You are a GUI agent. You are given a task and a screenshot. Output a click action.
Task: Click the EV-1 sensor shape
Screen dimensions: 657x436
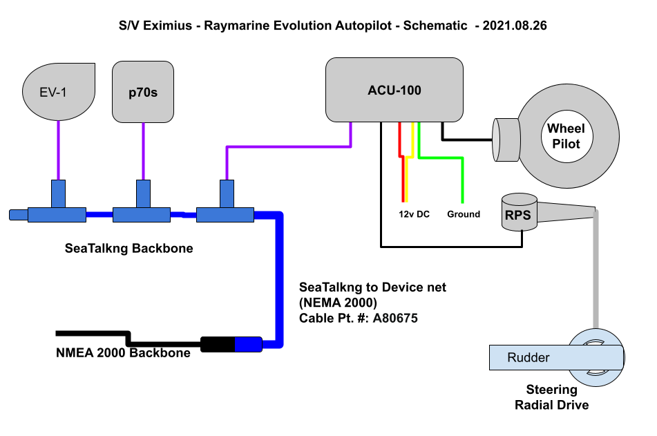[x=59, y=92]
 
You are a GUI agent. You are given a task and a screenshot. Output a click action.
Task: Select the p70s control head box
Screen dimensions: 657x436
[x=143, y=92]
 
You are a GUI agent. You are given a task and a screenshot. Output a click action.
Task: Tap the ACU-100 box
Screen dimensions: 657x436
[x=394, y=90]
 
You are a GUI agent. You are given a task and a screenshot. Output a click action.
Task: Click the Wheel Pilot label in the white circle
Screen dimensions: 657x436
[x=566, y=136]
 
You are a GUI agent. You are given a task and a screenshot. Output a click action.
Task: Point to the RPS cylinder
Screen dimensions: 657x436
[x=520, y=211]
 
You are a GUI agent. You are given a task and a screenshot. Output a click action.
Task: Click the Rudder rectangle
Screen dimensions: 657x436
[x=556, y=358]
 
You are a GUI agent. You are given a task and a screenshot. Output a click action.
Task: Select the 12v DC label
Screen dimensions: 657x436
[x=414, y=214]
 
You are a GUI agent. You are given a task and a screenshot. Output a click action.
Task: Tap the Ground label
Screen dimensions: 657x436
[x=464, y=214]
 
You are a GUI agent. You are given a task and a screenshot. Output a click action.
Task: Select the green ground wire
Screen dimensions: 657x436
[x=444, y=158]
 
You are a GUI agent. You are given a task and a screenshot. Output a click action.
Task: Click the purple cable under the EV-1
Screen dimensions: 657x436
[x=58, y=151]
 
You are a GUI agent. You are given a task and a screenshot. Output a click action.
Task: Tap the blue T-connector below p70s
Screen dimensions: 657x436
[x=142, y=201]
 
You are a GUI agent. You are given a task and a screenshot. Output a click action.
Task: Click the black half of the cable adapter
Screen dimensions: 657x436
[x=218, y=345]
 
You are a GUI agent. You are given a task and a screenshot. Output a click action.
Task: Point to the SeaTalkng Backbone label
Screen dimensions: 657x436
[x=129, y=248]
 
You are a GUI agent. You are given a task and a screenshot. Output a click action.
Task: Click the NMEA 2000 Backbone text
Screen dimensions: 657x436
[x=123, y=353]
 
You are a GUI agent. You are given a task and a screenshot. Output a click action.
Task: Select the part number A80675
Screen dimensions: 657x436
[x=395, y=319]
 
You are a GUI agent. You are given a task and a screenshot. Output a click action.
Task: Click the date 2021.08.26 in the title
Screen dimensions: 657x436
[x=515, y=26]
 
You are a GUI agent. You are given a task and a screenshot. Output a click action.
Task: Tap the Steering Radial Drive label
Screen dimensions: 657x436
[x=552, y=397]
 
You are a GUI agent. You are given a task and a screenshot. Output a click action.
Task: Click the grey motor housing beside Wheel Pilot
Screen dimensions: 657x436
[x=506, y=140]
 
